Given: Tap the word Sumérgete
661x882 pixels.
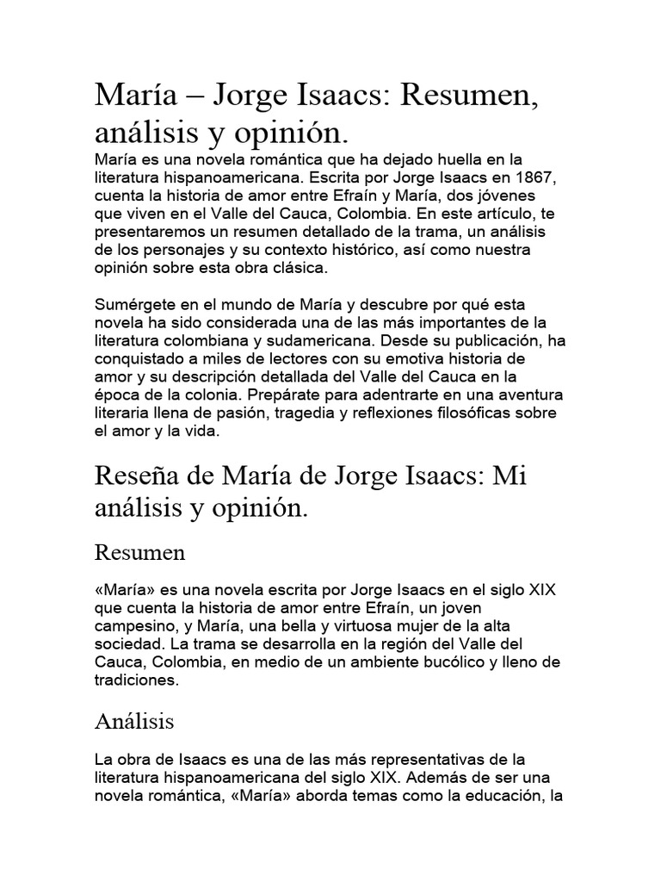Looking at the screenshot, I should click(137, 306).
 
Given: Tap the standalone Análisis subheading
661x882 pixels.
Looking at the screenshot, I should click(134, 721).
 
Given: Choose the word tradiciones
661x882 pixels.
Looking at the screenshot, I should click(137, 680).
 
